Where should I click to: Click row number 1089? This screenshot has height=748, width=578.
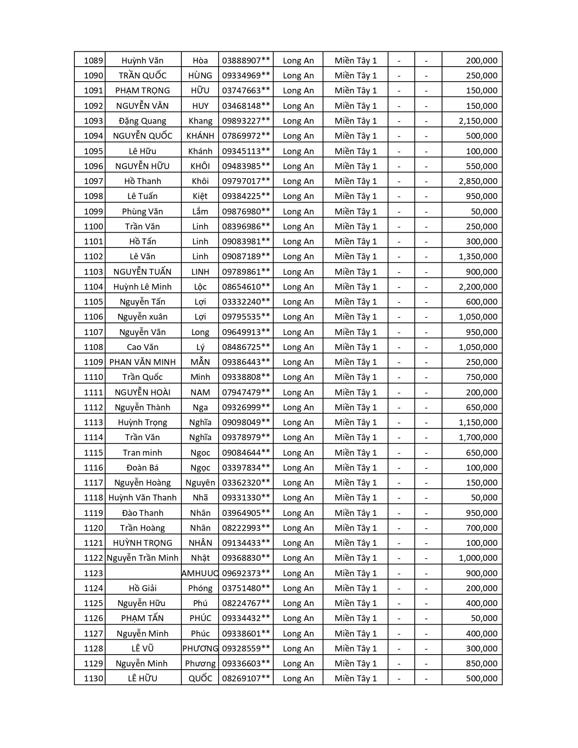point(93,61)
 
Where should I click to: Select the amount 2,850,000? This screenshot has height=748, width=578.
point(478,181)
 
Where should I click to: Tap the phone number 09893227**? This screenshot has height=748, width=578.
point(246,121)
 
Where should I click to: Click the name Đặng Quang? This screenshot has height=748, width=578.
point(142,121)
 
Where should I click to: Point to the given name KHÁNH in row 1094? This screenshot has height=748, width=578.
point(200,136)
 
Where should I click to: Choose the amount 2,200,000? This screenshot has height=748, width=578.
point(478,287)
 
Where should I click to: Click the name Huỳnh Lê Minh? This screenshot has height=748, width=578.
point(142,287)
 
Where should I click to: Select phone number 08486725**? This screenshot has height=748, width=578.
point(246,347)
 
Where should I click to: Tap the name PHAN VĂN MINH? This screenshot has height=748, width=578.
point(142,362)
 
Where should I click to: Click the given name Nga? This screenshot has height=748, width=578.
point(200,408)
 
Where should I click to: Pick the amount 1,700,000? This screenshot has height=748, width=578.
point(478,437)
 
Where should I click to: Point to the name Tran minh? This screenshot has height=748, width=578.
point(142,453)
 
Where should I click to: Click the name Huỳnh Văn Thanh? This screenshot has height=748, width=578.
point(142,498)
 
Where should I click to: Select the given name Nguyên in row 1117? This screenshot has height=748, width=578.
point(200,483)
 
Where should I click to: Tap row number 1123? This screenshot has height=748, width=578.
point(93,573)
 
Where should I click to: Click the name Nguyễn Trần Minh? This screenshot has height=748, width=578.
point(142,558)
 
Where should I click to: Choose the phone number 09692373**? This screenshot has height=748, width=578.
point(246,573)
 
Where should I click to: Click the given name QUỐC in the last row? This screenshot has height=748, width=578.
point(200,679)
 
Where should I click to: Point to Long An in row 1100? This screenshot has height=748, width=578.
point(298,227)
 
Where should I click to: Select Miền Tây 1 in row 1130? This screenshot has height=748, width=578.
point(355,679)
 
